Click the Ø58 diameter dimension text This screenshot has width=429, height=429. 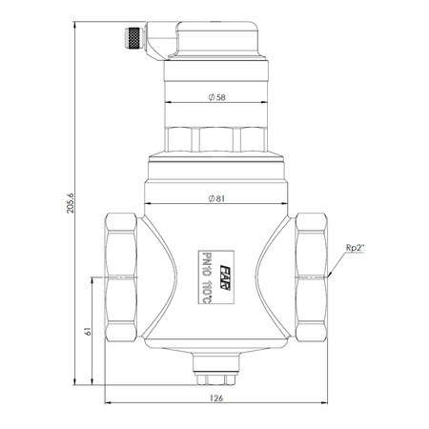[x=216, y=97]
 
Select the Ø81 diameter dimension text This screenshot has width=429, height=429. [x=216, y=198]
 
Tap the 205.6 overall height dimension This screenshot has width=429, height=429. [x=70, y=203]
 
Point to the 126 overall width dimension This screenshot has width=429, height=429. [x=216, y=398]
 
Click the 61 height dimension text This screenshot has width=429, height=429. [x=88, y=332]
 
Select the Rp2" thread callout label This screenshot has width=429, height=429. [x=355, y=248]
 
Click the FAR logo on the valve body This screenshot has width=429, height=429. [x=225, y=277]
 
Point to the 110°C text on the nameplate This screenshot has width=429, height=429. [x=206, y=292]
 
